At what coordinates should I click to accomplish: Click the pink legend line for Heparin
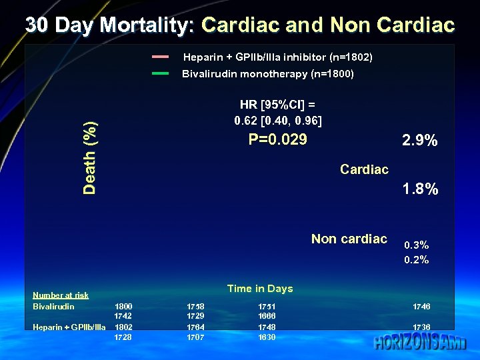160,57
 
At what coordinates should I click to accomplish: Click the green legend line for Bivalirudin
160,73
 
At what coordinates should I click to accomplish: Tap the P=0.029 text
277,139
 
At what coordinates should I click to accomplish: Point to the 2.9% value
419,141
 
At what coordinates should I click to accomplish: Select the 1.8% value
420,189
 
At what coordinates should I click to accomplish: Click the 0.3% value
416,245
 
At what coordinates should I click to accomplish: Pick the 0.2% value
416,260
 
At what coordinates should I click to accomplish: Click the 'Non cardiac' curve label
349,239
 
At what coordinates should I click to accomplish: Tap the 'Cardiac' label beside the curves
364,169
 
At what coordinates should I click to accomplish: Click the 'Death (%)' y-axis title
89,158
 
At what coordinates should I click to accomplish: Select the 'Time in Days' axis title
259,289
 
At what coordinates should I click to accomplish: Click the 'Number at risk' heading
61,295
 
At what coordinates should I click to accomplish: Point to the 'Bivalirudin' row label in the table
53,307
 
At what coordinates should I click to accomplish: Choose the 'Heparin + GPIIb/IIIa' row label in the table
69,327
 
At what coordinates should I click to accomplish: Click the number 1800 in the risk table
123,307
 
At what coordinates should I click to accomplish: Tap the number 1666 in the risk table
267,316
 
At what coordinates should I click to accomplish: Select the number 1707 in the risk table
195,337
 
